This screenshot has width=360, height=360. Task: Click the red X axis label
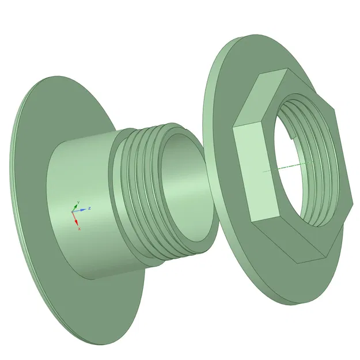pos(79,229)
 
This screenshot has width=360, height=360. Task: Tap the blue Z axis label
pos(90,208)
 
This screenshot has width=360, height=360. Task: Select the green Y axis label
pos(77,202)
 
